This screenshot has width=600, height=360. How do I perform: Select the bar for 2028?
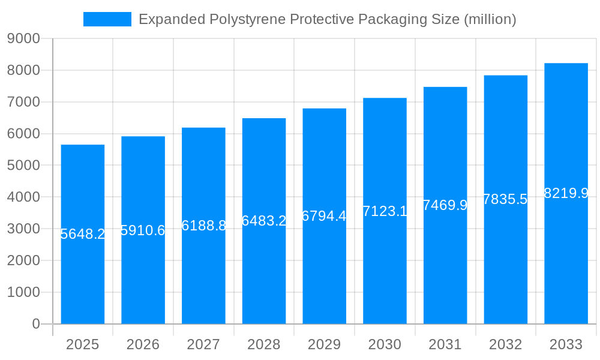[264, 270]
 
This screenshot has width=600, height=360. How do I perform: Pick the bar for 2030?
[385, 270]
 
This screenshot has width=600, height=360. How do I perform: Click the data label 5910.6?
[143, 230]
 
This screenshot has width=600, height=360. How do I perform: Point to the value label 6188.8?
[203, 226]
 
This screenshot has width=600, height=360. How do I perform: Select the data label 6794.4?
[324, 216]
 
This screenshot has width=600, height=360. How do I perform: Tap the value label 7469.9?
[445, 205]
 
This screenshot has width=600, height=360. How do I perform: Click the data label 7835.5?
[505, 199]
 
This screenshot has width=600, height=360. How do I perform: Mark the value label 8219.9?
[566, 193]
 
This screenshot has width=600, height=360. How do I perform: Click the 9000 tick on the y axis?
[23, 38]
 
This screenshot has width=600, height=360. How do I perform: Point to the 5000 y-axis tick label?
[23, 166]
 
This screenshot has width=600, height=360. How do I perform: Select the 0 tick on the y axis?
[35, 324]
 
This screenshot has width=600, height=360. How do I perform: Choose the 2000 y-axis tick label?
[23, 260]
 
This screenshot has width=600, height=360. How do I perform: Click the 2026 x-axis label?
[143, 344]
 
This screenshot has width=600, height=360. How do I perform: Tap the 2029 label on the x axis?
[324, 344]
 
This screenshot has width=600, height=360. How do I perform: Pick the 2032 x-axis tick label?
[505, 344]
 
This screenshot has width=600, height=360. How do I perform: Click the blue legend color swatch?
[107, 19]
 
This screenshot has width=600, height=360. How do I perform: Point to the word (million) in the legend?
[490, 20]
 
